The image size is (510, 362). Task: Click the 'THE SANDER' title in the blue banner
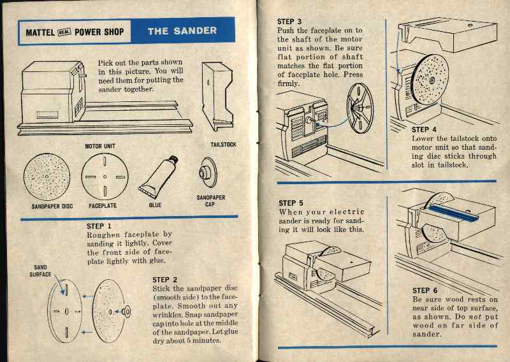tap(182, 31)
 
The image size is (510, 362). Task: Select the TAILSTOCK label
tap(223, 145)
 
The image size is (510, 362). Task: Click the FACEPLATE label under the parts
tap(106, 206)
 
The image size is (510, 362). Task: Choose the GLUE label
tap(155, 206)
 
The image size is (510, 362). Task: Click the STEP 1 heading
tap(99, 226)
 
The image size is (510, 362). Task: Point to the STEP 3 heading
tap(290, 21)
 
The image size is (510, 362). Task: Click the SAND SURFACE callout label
tap(40, 271)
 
